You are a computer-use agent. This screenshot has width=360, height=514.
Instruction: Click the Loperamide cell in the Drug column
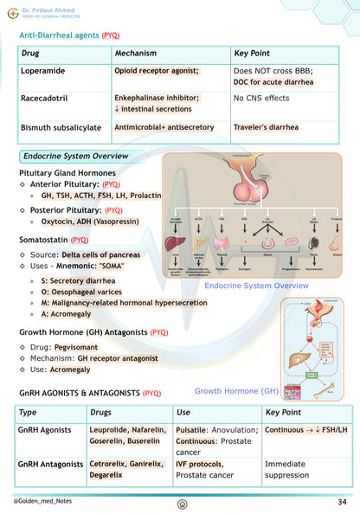47,70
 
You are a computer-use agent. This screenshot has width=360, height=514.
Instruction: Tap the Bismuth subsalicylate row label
61,127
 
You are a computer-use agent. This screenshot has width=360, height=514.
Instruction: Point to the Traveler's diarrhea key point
266,127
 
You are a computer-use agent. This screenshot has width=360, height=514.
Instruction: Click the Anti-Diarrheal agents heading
69,35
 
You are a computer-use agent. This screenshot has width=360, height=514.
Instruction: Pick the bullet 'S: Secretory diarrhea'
84,280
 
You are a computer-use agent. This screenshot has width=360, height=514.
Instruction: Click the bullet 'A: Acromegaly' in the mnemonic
72,314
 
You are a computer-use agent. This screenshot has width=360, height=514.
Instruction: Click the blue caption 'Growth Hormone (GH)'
236,391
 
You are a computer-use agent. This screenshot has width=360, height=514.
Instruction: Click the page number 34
343,502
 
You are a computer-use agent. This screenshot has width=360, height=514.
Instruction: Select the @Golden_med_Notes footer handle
42,502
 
